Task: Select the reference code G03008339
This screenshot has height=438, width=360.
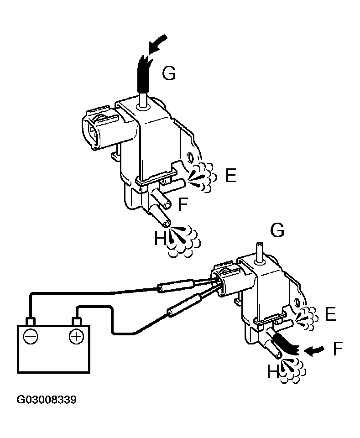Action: click(47, 400)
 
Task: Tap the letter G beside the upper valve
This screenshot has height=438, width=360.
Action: click(169, 73)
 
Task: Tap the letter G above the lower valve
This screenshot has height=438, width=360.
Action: click(277, 230)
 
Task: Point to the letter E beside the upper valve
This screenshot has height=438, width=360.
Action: click(231, 176)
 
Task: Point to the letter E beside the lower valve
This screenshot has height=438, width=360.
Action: click(330, 314)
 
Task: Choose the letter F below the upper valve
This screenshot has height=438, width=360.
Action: click(183, 205)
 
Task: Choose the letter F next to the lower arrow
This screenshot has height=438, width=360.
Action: click(338, 349)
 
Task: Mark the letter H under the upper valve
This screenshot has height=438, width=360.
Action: click(159, 238)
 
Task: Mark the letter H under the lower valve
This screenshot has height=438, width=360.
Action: click(272, 373)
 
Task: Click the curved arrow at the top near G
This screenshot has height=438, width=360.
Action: click(157, 46)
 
